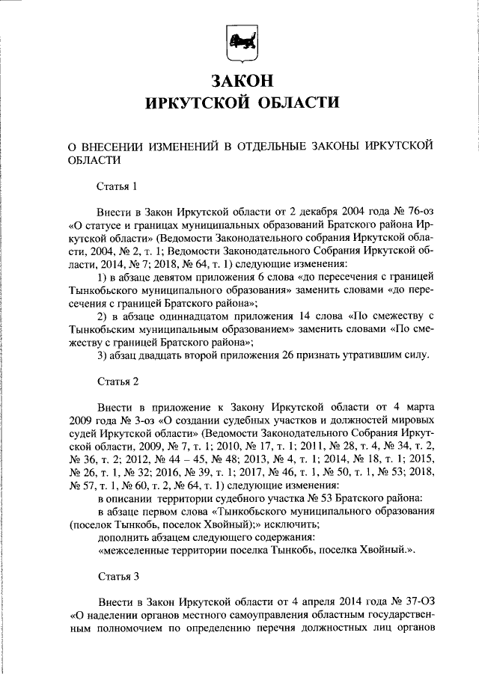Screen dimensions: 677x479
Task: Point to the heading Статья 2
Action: pos(118,382)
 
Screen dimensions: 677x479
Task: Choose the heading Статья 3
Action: pos(118,578)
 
